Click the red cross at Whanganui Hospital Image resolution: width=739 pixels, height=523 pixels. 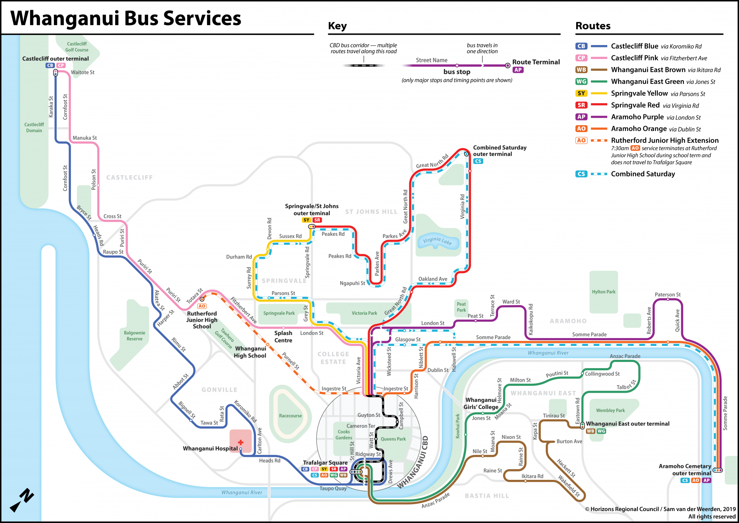(241, 443)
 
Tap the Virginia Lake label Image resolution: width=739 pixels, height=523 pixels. (437, 241)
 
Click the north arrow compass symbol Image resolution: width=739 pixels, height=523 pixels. (22, 500)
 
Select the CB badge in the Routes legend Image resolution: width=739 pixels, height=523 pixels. (581, 46)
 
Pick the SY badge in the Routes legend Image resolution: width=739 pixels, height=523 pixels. (581, 93)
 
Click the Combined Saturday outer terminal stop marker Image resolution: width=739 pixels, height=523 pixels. (466, 154)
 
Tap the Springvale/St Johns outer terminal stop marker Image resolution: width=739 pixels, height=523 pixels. (312, 226)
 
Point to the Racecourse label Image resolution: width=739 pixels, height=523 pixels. (290, 416)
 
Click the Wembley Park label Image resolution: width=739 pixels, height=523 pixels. (610, 411)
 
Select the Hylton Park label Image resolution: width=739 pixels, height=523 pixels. (604, 292)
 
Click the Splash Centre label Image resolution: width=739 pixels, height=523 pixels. (283, 337)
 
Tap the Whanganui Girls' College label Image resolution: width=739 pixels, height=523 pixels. (481, 404)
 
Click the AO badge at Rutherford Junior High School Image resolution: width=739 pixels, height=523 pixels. (202, 306)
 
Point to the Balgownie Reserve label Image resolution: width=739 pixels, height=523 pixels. (134, 336)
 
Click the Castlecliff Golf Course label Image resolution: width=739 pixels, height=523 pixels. (77, 47)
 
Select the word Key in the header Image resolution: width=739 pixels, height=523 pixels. (337, 26)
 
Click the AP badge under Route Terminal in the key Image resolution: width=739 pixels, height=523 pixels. (518, 70)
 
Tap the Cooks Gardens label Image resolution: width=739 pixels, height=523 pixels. (344, 435)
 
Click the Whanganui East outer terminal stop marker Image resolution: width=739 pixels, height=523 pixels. (582, 426)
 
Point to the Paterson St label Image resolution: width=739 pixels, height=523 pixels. (667, 295)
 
